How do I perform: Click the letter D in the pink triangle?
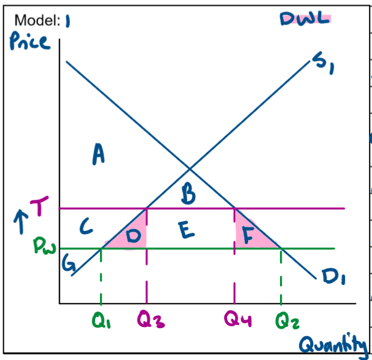coord(134,235)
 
